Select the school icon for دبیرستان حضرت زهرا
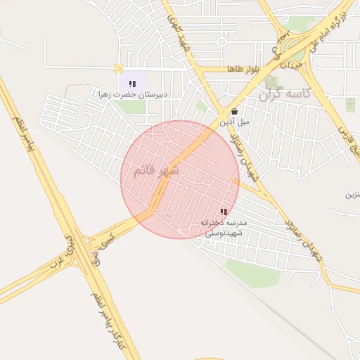tap(132, 84)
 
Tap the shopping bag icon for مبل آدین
tap(234, 111)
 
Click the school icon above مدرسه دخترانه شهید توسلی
tap(224, 211)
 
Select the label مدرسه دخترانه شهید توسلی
tap(222, 227)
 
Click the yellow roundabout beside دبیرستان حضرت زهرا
tap(118, 69)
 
